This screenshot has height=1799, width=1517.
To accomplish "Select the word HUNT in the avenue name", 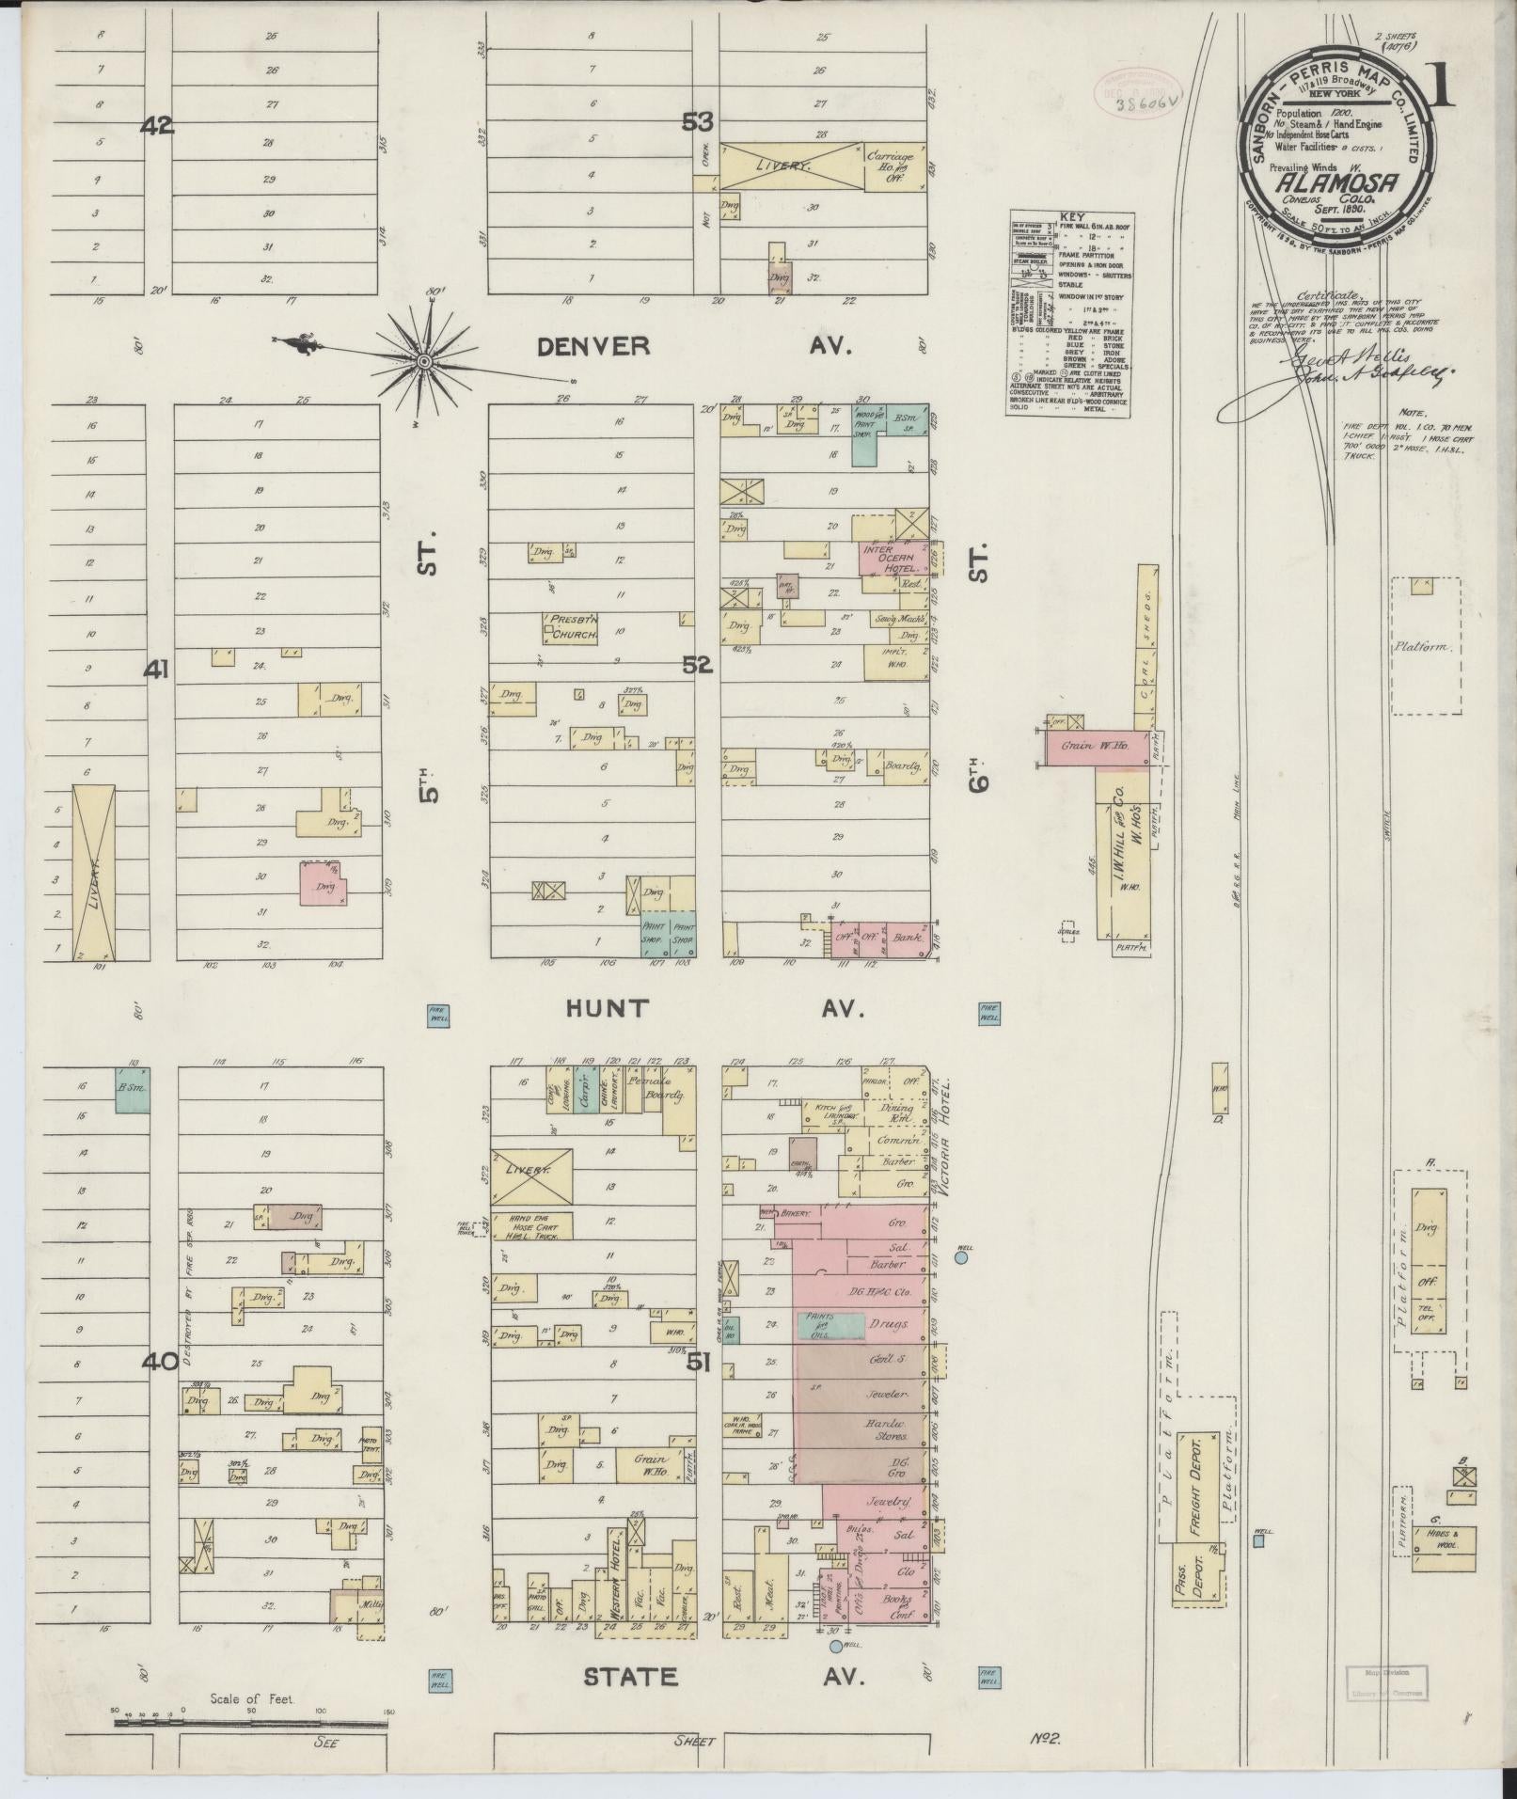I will (607, 1009).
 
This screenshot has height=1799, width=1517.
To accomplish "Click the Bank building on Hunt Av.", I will (909, 939).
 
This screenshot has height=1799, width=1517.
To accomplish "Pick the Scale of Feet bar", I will (249, 1722).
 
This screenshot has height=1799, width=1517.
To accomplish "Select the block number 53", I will (699, 122).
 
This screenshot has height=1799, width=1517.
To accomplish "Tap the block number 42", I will (157, 125).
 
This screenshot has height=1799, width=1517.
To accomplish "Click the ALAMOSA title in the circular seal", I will (1335, 183).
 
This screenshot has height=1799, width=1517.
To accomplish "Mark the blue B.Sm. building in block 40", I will (133, 1089).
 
